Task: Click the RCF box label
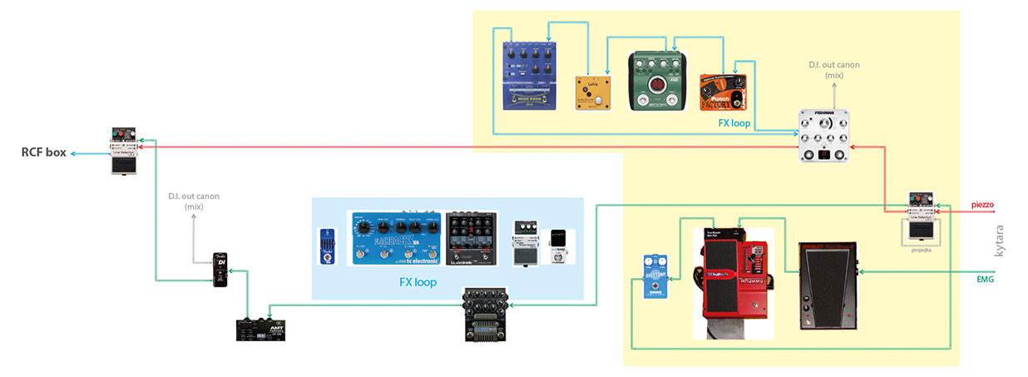[43, 153]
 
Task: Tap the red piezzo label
[982, 204]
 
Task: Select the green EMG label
[985, 280]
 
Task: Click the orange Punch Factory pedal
[720, 92]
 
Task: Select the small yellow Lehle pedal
[592, 93]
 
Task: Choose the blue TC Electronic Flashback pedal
[395, 239]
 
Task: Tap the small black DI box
[220, 270]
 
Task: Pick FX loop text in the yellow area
[734, 122]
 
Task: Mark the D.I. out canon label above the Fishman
[833, 69]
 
